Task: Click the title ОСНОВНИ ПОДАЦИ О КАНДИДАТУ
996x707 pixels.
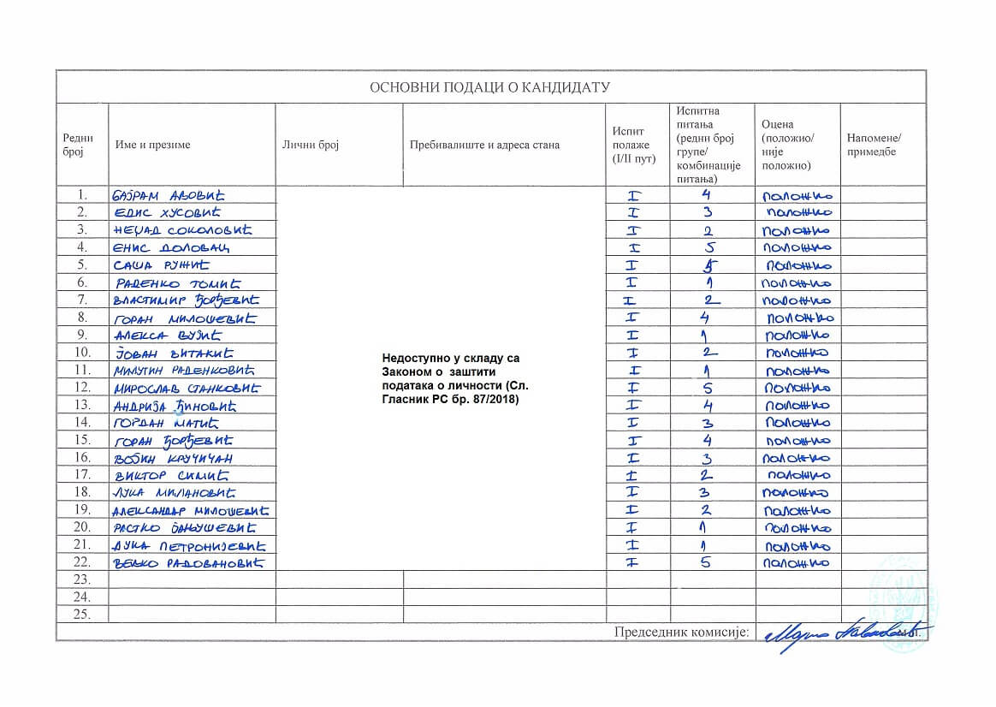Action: point(489,87)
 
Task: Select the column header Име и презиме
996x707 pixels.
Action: point(153,145)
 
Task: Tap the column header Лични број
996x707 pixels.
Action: point(311,145)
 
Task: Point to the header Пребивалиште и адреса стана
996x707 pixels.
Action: point(484,145)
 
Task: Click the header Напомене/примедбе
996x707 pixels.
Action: point(874,145)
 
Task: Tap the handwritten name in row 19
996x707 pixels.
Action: point(187,511)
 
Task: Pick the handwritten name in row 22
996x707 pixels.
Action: point(187,563)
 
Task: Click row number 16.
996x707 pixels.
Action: point(82,458)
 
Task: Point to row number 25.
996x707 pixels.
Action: point(82,615)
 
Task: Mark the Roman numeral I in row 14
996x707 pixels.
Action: point(634,423)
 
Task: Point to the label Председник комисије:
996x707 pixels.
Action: point(681,633)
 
